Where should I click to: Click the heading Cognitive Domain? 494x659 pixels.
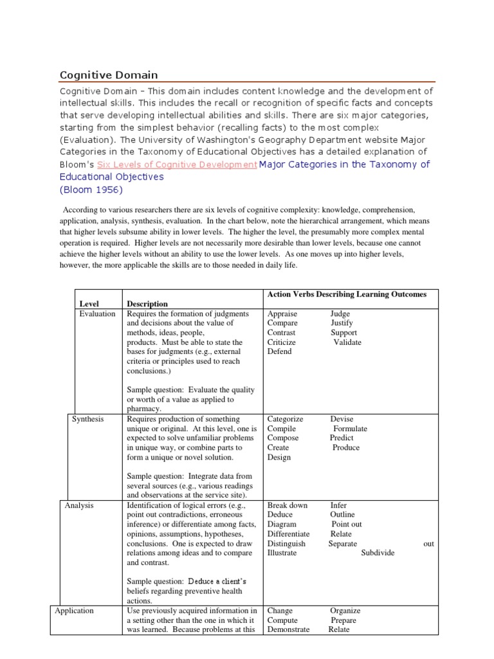tap(109, 75)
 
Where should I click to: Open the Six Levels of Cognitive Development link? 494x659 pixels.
tap(177, 165)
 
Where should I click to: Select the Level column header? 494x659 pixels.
tap(90, 304)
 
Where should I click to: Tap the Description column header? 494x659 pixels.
tap(147, 304)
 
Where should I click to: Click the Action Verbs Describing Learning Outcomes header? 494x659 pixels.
tap(347, 294)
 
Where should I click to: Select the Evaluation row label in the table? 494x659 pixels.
tap(98, 314)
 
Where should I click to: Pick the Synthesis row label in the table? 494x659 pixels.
tap(89, 419)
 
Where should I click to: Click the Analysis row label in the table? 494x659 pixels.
tap(79, 505)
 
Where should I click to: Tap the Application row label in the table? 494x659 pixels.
tap(74, 611)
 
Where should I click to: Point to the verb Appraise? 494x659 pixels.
tap(282, 314)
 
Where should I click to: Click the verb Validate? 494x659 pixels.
tap(347, 342)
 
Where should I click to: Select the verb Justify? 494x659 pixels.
tap(342, 323)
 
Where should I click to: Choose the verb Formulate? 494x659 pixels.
tap(350, 429)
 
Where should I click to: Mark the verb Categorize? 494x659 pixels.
tap(284, 419)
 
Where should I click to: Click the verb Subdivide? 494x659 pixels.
tap(378, 553)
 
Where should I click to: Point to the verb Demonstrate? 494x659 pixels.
tap(288, 629)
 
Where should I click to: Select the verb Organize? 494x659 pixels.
tap(345, 611)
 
